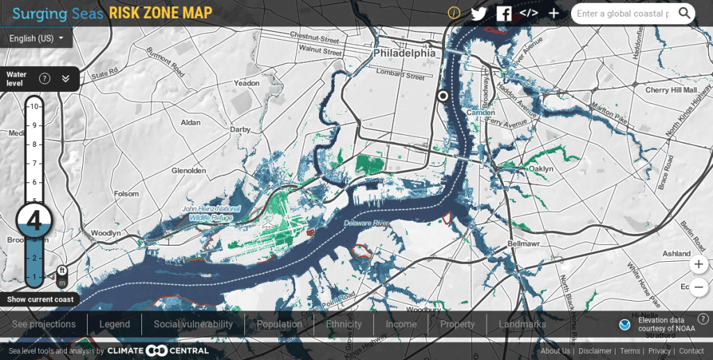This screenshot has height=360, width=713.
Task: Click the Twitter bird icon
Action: pyautogui.click(x=478, y=13)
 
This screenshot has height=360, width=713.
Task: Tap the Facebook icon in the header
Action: pyautogui.click(x=503, y=13)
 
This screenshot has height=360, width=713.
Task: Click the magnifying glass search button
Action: pyautogui.click(x=684, y=13)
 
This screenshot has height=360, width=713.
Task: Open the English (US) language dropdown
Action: pyautogui.click(x=37, y=38)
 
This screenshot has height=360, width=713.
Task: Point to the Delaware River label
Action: pyautogui.click(x=366, y=224)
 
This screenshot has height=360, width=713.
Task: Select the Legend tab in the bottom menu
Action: pyautogui.click(x=114, y=324)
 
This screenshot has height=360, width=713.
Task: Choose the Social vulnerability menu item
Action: pyautogui.click(x=193, y=324)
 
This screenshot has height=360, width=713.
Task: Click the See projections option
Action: pyautogui.click(x=44, y=324)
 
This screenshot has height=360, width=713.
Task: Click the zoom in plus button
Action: pyautogui.click(x=698, y=265)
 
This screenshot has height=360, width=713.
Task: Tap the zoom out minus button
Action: pyautogui.click(x=698, y=286)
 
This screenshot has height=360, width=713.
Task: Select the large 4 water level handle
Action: pyautogui.click(x=34, y=220)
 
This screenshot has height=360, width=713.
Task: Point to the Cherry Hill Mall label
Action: pyautogui.click(x=671, y=91)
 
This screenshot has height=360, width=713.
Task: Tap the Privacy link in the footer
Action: pyautogui.click(x=659, y=352)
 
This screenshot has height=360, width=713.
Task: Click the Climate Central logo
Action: pyautogui.click(x=158, y=351)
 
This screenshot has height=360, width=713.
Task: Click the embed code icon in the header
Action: pyautogui.click(x=528, y=13)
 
